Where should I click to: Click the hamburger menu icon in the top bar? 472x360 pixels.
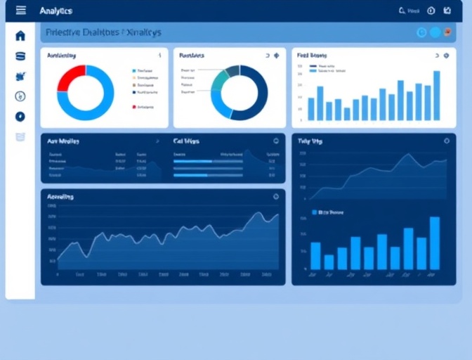click(20, 11)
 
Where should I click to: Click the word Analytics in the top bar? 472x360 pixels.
click(55, 11)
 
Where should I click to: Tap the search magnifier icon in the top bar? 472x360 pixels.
click(402, 11)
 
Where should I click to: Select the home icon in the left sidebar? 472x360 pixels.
click(20, 36)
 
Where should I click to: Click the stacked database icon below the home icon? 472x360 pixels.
click(20, 56)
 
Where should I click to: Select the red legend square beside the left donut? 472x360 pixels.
click(133, 107)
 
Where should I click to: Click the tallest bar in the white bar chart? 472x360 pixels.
click(436, 96)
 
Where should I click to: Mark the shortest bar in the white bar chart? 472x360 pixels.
click(347, 113)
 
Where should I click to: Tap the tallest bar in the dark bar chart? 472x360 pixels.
click(435, 243)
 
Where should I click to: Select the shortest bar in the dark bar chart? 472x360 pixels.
click(329, 262)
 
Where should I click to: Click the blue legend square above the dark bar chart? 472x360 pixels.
click(315, 211)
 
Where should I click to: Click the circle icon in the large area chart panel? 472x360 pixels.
click(275, 197)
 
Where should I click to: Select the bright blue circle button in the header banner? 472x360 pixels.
click(435, 32)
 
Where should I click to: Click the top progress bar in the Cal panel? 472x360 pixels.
click(193, 161)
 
